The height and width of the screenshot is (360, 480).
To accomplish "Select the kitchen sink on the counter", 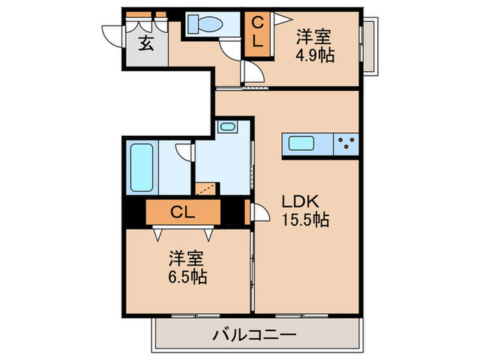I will coord(302,145).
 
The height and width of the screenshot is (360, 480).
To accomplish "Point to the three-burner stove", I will coord(347,145).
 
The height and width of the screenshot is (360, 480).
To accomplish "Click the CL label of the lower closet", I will coord(183,212).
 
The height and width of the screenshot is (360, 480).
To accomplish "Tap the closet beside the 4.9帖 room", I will coord(256,33).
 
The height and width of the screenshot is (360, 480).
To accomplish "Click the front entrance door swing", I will coord(110,34).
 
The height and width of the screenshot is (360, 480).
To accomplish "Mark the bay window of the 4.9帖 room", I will coord(368,44).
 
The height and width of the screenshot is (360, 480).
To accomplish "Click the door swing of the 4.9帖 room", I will coord(252,74).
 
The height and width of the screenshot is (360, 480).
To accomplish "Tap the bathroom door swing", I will coord(183,152).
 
